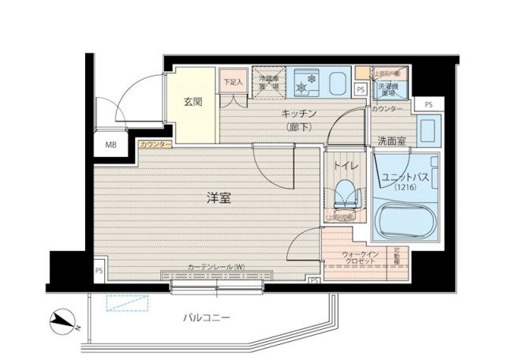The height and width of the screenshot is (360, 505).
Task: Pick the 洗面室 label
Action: [391, 141]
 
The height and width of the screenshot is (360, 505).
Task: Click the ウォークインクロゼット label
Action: [360, 257]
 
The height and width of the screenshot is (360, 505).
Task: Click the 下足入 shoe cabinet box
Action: [230, 81]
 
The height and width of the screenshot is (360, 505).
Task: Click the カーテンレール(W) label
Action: [216, 267]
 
